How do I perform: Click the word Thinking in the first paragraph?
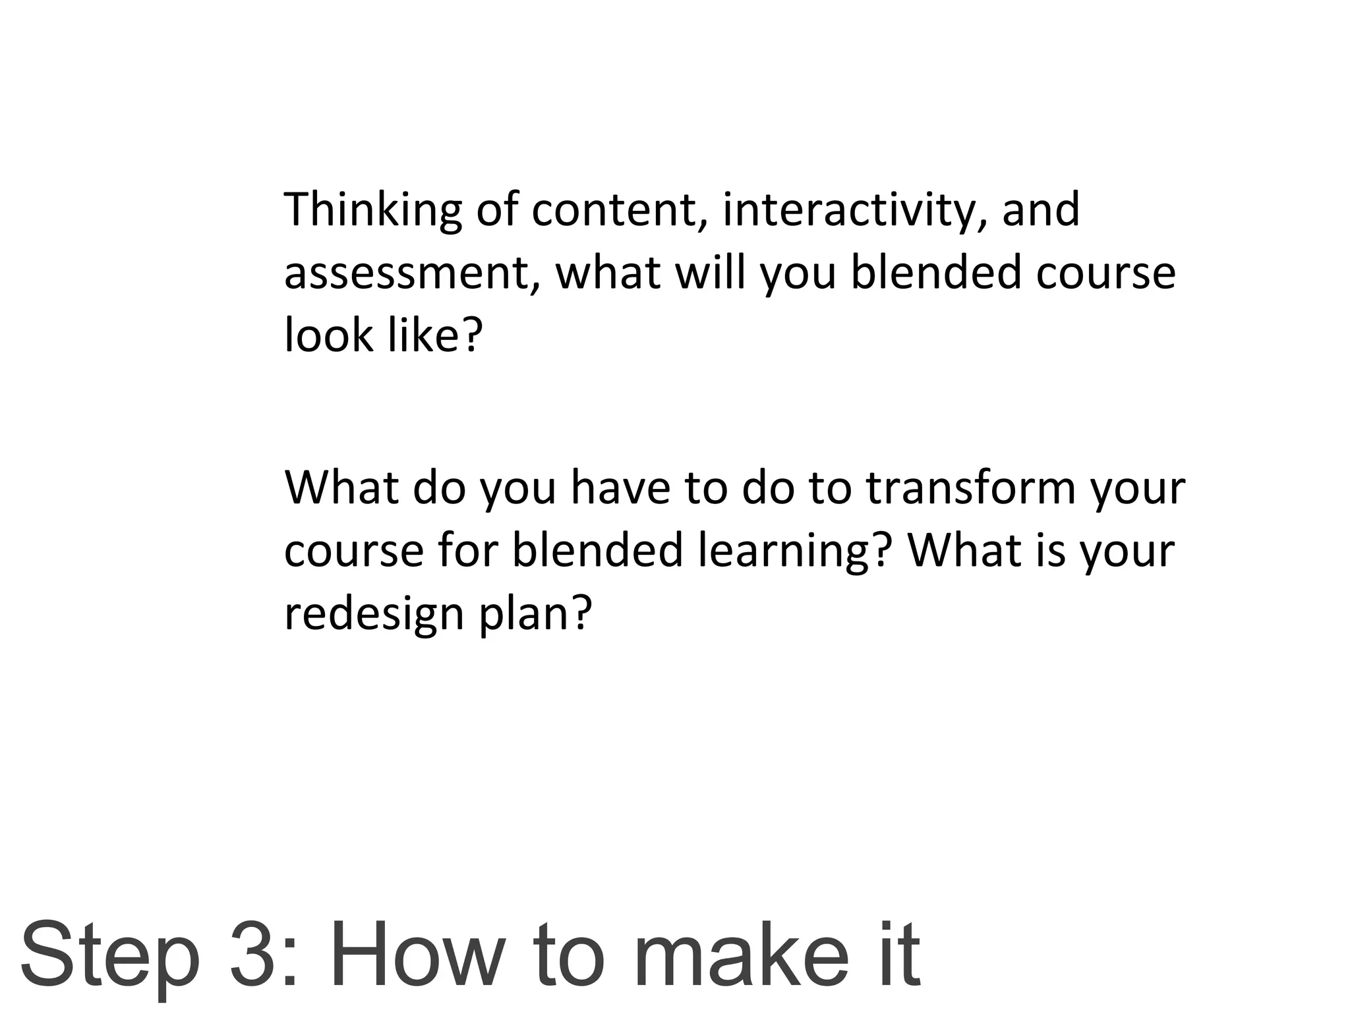point(373,210)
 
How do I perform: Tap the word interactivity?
point(848,210)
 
